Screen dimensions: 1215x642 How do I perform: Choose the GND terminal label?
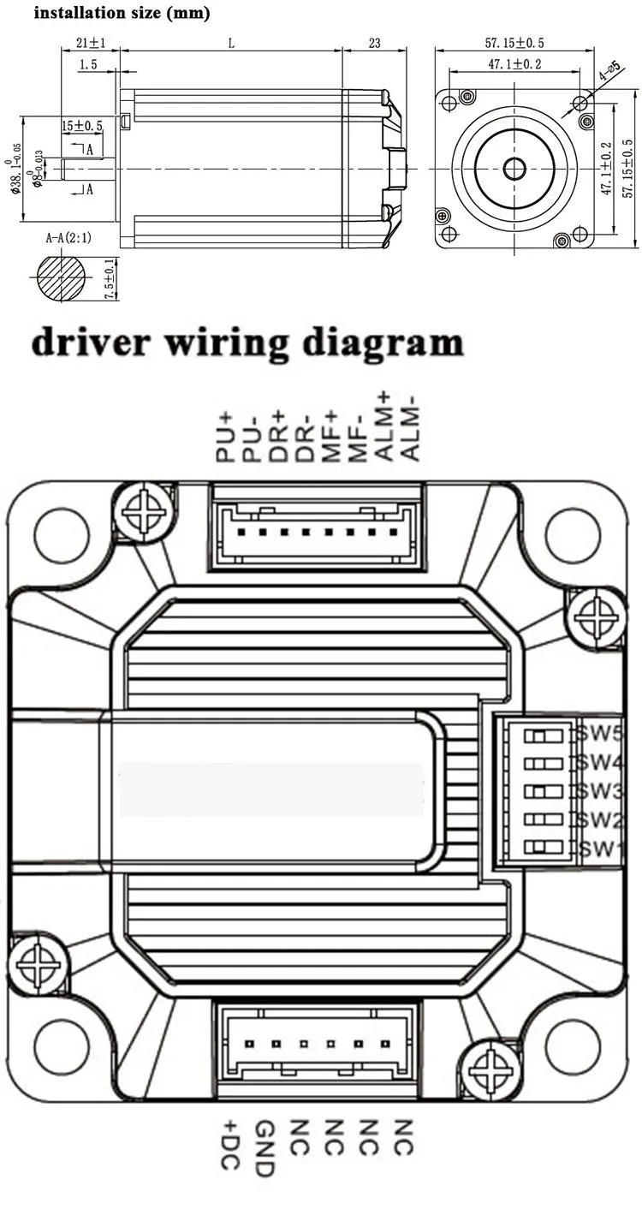click(x=265, y=1148)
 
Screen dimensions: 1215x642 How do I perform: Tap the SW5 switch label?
click(x=597, y=734)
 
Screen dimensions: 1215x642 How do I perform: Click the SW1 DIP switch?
click(x=547, y=848)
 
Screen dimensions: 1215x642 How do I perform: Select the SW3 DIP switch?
click(x=547, y=790)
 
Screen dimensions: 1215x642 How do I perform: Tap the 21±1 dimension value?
click(x=90, y=44)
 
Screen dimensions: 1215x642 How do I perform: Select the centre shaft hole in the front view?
click(x=514, y=169)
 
